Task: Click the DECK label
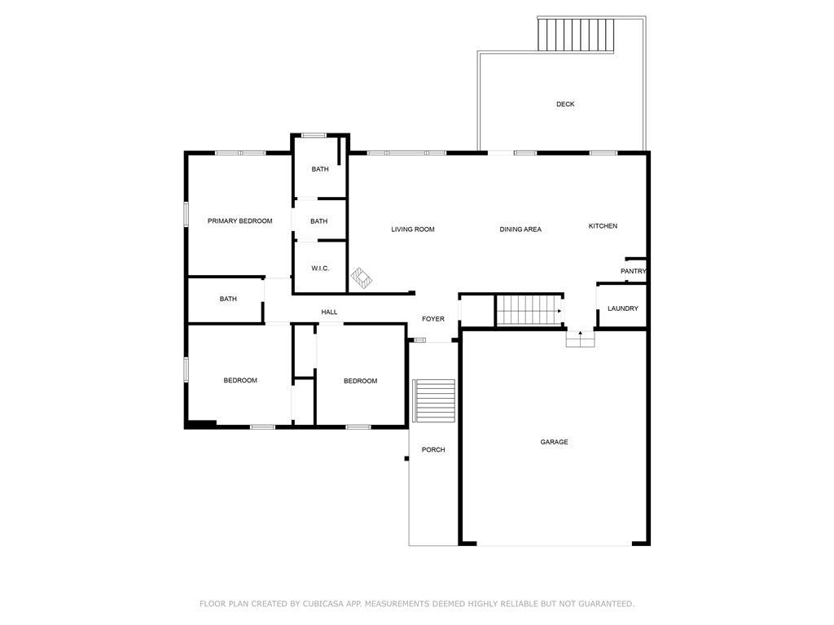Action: click(565, 104)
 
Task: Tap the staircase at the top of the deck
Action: click(576, 35)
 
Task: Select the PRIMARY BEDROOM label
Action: click(240, 221)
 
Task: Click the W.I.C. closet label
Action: click(320, 269)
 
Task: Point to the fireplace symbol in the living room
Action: click(361, 278)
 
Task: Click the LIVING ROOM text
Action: click(413, 229)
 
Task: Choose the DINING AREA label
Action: click(520, 229)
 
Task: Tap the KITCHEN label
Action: click(603, 226)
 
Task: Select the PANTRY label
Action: click(633, 271)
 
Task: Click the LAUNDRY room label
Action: click(623, 308)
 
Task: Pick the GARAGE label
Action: click(554, 442)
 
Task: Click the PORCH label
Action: click(433, 449)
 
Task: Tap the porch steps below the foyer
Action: click(434, 400)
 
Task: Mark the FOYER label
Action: click(433, 319)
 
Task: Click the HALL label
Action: click(329, 312)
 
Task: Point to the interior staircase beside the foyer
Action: click(529, 310)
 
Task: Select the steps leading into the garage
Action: click(580, 339)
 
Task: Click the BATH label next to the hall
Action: click(228, 299)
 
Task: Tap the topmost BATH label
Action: click(319, 169)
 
